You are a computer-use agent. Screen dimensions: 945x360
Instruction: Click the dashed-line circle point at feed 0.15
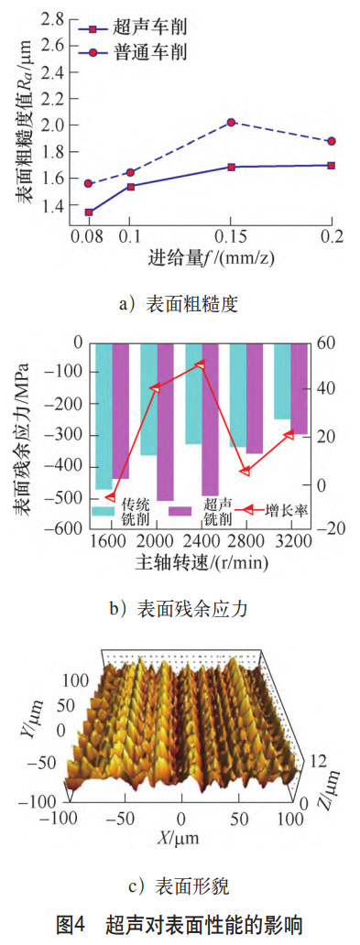pyautogui.click(x=232, y=122)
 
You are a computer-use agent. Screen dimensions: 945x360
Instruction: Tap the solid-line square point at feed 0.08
pyautogui.click(x=89, y=212)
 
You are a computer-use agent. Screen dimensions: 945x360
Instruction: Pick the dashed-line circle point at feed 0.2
pyautogui.click(x=331, y=141)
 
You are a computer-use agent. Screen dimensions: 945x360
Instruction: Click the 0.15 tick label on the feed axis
pyautogui.click(x=232, y=236)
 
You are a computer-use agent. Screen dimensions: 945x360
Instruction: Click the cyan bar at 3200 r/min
pyautogui.click(x=282, y=381)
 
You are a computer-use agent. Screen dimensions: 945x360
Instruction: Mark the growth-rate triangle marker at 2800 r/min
pyautogui.click(x=245, y=472)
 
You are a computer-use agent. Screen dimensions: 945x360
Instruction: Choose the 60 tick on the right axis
pyautogui.click(x=328, y=342)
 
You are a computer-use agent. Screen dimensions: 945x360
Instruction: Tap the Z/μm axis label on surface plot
pyautogui.click(x=322, y=770)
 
